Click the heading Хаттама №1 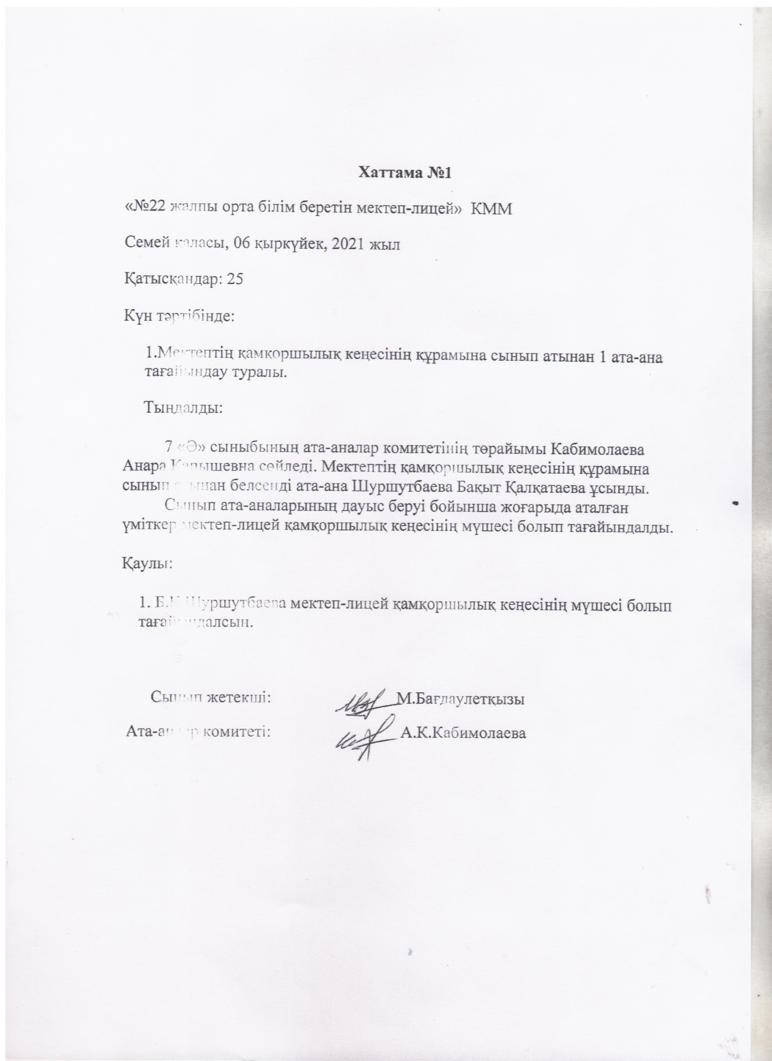click(x=405, y=173)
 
